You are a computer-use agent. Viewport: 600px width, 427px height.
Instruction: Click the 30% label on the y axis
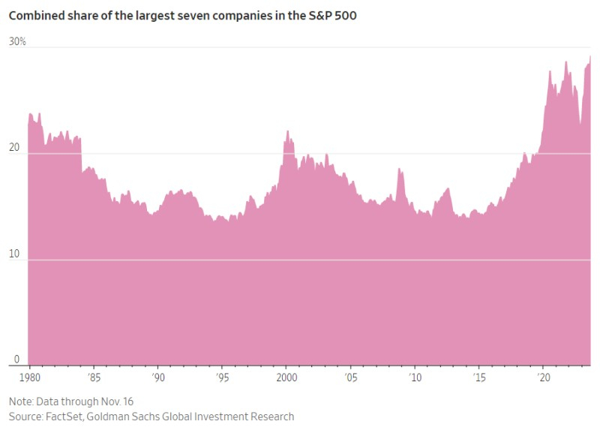[x=17, y=42]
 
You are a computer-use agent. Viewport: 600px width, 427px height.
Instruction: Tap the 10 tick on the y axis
[x=15, y=254]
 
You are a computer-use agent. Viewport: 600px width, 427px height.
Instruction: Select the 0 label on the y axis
[x=12, y=360]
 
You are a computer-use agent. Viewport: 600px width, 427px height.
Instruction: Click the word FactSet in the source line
[x=69, y=416]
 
